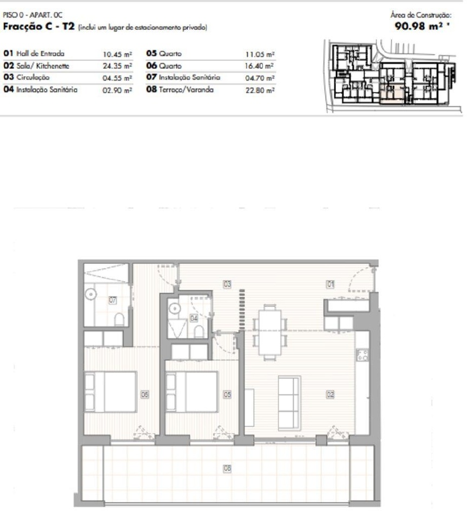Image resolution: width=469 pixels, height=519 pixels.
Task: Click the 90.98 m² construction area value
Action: [x=422, y=26]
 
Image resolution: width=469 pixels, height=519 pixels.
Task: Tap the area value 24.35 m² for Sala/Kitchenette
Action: [x=117, y=66]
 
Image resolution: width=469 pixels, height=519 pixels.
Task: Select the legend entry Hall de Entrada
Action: [x=41, y=54]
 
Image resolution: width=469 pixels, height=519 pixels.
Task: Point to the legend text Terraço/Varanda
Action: [x=186, y=90]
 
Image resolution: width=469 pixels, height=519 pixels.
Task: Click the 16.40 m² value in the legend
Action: [x=259, y=66]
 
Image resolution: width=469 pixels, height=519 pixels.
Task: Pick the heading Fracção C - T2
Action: [x=39, y=26]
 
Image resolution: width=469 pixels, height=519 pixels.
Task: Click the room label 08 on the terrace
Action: [x=227, y=468]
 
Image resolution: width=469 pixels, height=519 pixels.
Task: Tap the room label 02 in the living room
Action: [x=330, y=394]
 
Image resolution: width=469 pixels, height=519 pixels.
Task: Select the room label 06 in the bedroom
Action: [x=145, y=394]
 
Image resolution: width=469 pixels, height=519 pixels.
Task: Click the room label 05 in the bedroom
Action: [x=227, y=394]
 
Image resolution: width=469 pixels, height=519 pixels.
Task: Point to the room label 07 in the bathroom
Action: [x=113, y=300]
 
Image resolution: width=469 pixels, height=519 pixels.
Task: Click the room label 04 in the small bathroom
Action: [x=194, y=318]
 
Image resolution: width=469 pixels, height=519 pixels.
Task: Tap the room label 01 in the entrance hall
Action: [x=330, y=284]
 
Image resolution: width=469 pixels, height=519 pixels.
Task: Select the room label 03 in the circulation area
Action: [x=227, y=284]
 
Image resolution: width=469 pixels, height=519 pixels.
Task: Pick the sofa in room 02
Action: [x=289, y=403]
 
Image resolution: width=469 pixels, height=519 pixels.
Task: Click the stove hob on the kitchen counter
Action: [x=362, y=355]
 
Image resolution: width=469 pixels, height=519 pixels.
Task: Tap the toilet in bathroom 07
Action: [x=119, y=320]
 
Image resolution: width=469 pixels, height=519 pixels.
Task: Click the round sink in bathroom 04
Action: [x=175, y=309]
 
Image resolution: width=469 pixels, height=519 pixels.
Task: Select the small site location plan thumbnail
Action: [x=393, y=76]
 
